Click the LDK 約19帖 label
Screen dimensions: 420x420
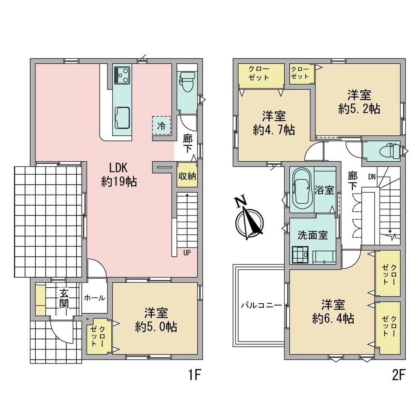pyautogui.click(x=119, y=175)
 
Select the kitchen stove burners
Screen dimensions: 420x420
pyautogui.click(x=122, y=74)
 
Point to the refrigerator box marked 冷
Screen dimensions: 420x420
pyautogui.click(x=162, y=125)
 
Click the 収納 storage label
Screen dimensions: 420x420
pyautogui.click(x=187, y=176)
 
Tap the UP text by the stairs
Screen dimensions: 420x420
pyautogui.click(x=187, y=252)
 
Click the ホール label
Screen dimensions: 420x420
pyautogui.click(x=94, y=298)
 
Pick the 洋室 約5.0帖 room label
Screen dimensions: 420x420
pyautogui.click(x=156, y=320)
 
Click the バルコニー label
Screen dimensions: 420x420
pyautogui.click(x=261, y=305)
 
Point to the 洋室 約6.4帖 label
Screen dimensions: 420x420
pyautogui.click(x=333, y=312)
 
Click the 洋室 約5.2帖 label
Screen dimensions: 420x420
pyautogui.click(x=359, y=102)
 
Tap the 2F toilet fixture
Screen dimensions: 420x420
pyautogui.click(x=390, y=151)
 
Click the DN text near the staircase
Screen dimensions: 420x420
pyautogui.click(x=372, y=176)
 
